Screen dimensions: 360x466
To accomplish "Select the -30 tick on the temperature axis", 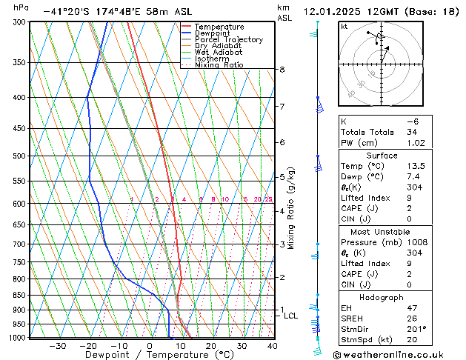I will [x=57, y=346].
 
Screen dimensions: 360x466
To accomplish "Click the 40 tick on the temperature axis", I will [x=272, y=346].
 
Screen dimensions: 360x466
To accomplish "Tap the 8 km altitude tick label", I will [x=282, y=70].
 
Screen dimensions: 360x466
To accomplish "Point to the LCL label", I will [x=291, y=316].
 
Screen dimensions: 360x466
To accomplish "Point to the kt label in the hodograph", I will [x=344, y=27].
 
